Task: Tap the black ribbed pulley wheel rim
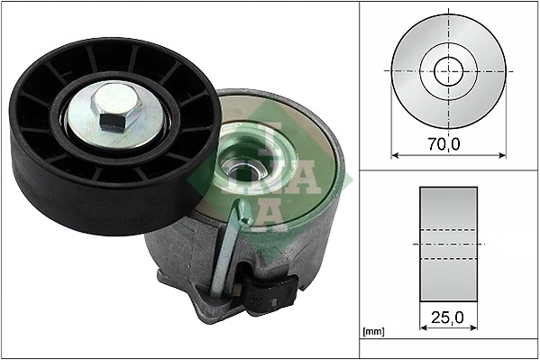[54, 180]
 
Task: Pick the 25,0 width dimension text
[447, 317]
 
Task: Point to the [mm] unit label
[371, 331]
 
